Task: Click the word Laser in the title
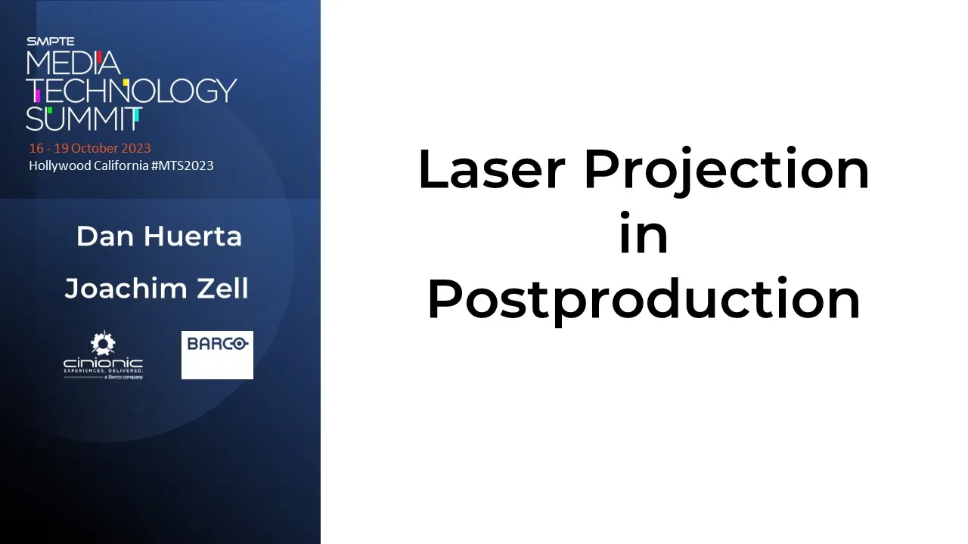[x=492, y=169]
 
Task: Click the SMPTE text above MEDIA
[x=51, y=42]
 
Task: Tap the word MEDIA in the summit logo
[x=73, y=63]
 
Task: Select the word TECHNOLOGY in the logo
[x=132, y=91]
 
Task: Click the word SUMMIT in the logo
[x=84, y=119]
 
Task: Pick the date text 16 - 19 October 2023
[x=90, y=148]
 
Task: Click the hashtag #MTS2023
[x=182, y=165]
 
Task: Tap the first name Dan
[x=105, y=236]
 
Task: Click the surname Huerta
[x=193, y=236]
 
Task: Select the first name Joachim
[x=126, y=288]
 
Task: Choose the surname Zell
[x=222, y=288]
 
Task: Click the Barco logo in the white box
[x=217, y=344]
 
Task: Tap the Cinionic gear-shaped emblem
[x=103, y=343]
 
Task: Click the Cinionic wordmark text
[x=104, y=363]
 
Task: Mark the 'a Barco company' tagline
[x=123, y=377]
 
